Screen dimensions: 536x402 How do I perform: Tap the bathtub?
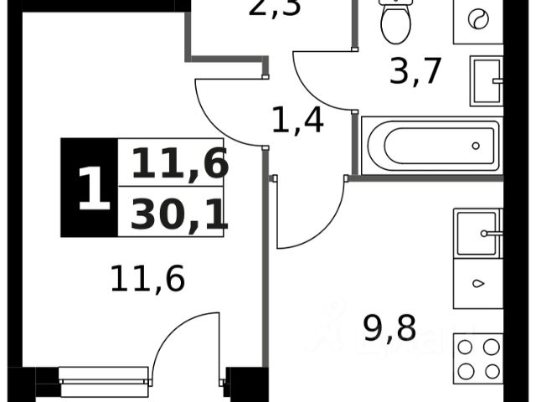[x=430, y=145]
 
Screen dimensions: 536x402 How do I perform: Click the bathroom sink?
[x=486, y=80]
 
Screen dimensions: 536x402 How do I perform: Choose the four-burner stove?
[x=477, y=359]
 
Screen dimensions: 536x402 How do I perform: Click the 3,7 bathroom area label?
[x=416, y=72]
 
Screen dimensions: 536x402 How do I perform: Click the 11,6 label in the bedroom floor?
[x=147, y=277]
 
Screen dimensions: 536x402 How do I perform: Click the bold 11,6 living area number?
[x=179, y=163]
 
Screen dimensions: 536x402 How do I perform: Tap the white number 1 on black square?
[x=93, y=188]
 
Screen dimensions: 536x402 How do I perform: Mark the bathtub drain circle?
[x=476, y=145]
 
